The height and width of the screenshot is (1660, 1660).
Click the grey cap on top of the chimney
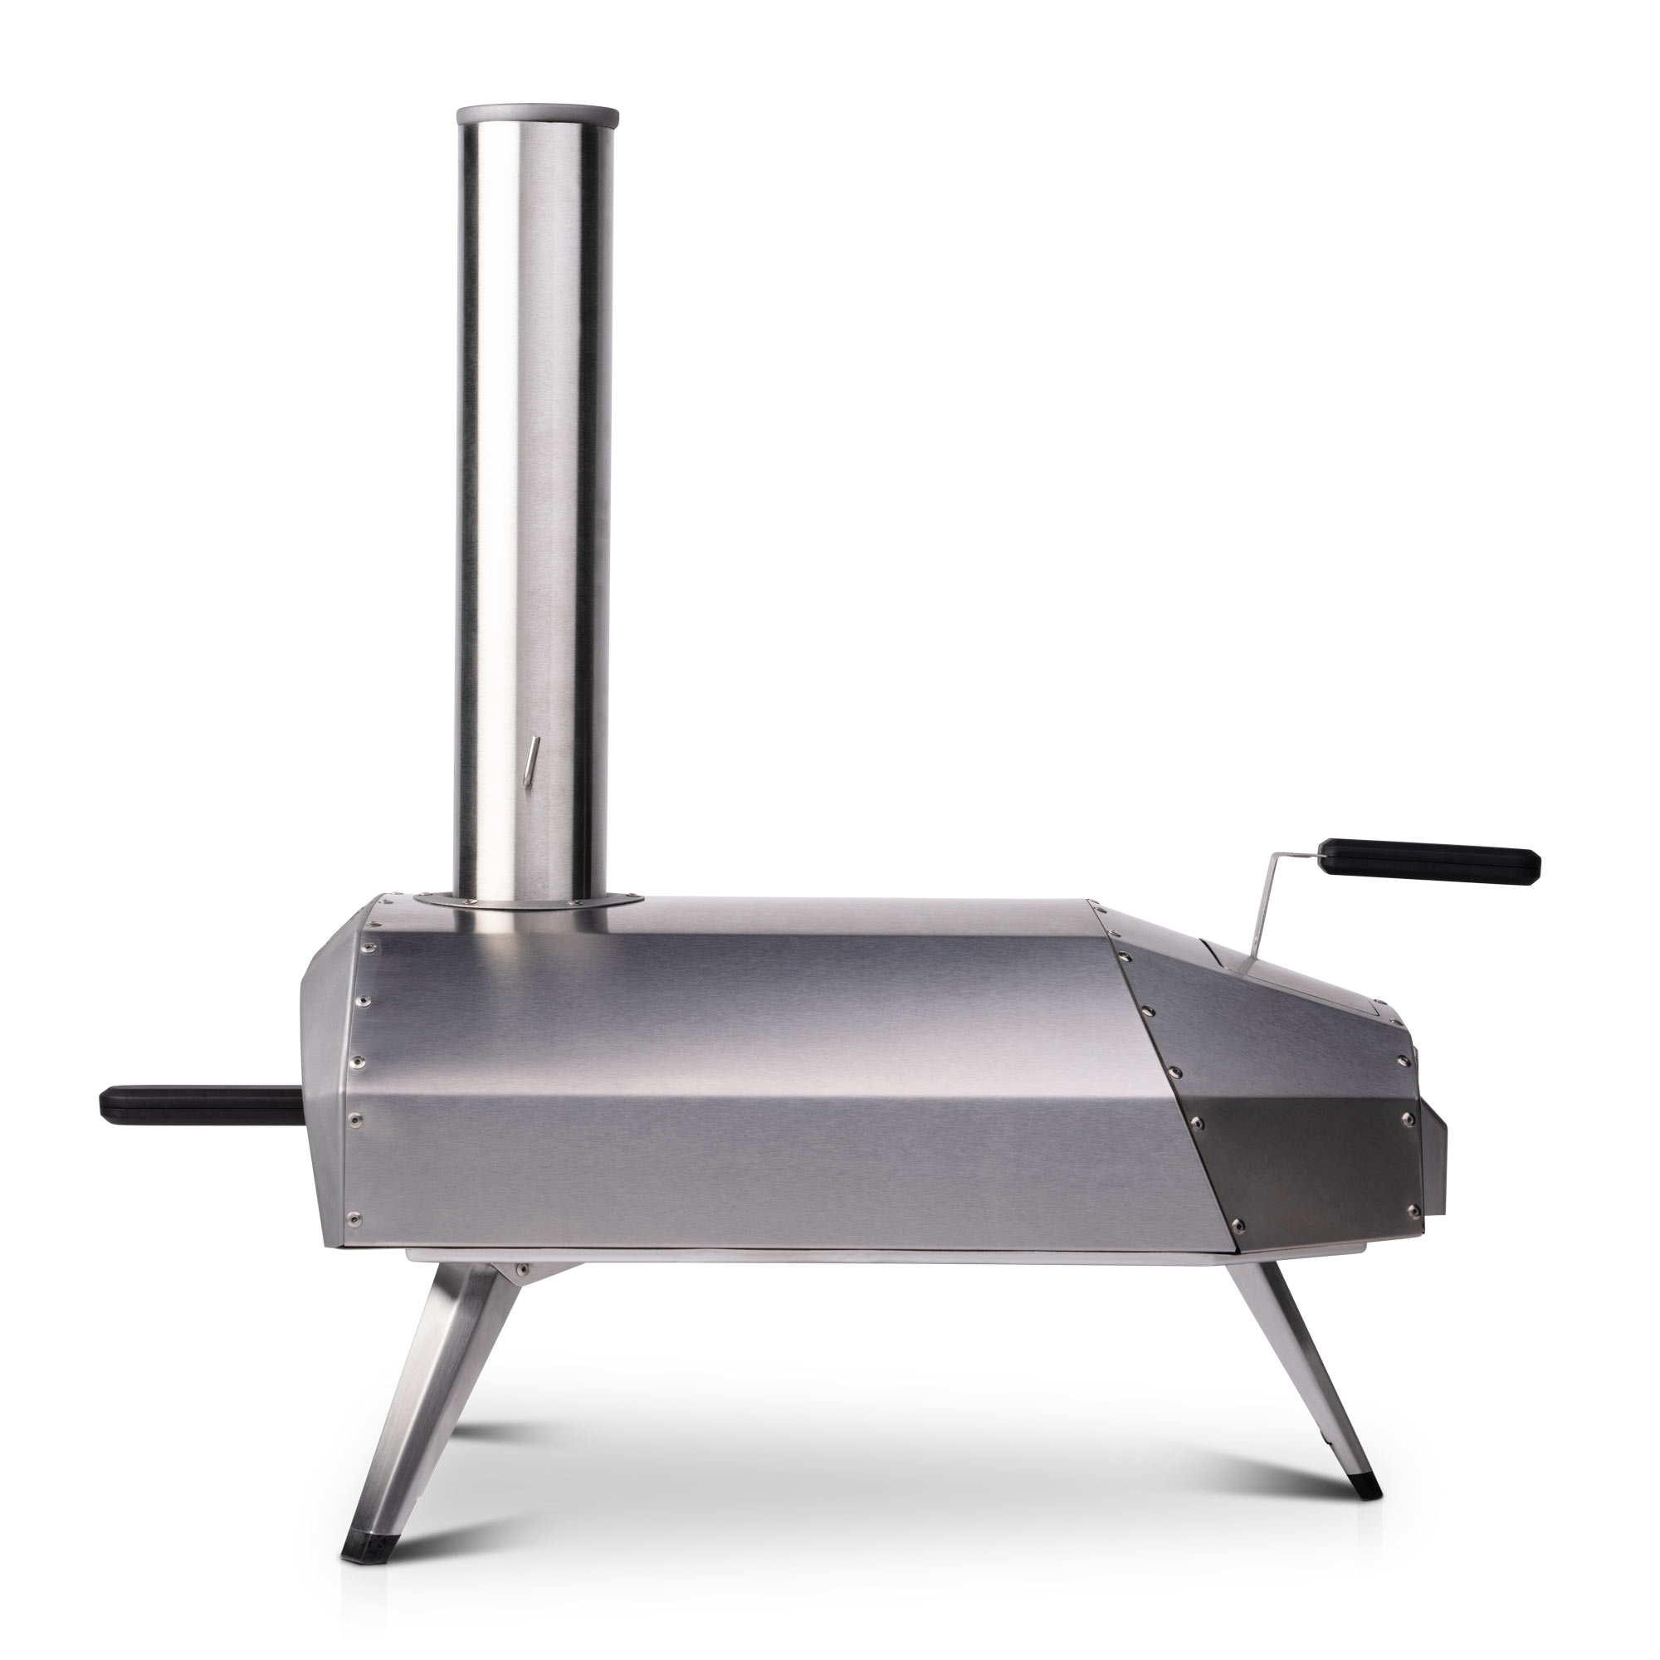[537, 115]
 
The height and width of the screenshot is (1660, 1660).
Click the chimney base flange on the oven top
[528, 898]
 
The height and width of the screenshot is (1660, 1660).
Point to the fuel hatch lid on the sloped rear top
[1280, 979]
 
